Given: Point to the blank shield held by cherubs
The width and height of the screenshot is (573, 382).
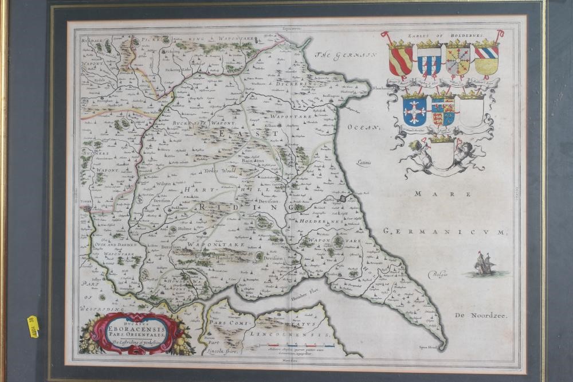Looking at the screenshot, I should [442, 155].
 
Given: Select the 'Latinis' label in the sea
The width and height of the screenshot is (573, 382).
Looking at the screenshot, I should [362, 162].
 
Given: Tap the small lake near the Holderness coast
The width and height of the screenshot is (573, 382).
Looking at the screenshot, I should [343, 198].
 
